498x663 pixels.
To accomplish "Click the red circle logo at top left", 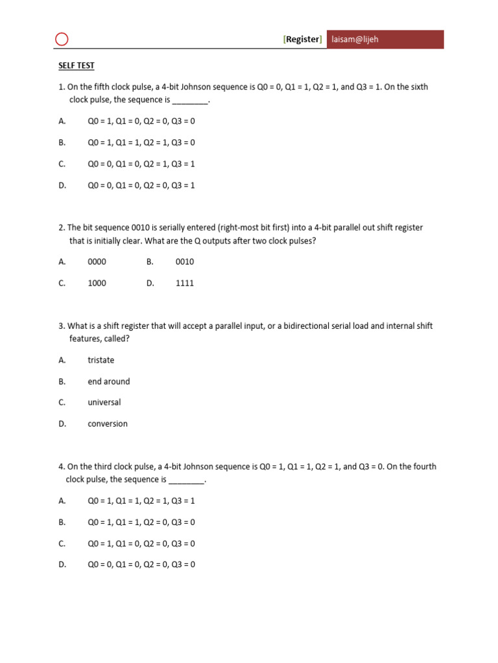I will click(x=62, y=39).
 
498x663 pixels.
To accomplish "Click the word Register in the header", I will click(x=303, y=39).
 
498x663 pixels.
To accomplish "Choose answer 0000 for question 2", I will click(x=97, y=262).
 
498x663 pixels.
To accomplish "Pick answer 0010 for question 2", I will click(x=185, y=262).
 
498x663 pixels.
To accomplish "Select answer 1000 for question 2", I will click(x=97, y=283).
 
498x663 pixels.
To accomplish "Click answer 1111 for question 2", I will click(x=185, y=283).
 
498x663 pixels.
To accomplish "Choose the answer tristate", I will click(x=101, y=360).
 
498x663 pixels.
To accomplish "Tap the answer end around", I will click(x=109, y=381).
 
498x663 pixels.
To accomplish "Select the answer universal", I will click(x=104, y=402).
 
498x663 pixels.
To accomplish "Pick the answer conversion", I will click(x=108, y=423).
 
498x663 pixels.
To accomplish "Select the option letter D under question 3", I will click(x=62, y=423).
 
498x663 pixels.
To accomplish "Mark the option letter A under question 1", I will click(x=62, y=120).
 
